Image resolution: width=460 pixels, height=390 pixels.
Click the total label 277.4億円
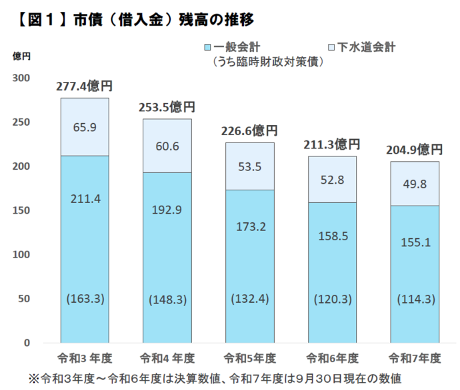[x=85, y=86]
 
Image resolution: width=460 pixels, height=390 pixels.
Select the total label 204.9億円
[x=415, y=149]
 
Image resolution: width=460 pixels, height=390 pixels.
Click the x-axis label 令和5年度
[x=249, y=358]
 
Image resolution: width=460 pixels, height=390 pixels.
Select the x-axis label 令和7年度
[x=414, y=358]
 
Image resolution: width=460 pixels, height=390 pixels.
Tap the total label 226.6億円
[x=249, y=130]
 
